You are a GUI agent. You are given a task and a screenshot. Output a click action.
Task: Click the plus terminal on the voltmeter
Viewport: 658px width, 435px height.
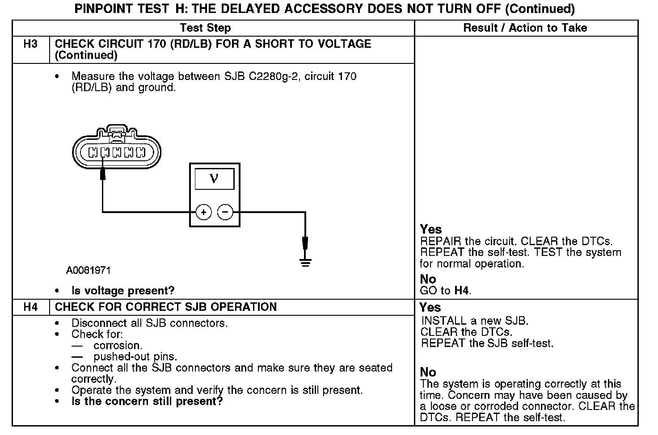click(203, 212)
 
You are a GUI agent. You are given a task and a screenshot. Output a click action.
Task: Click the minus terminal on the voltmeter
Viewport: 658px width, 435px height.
click(225, 212)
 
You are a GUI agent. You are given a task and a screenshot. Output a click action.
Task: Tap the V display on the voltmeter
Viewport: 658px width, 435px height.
click(214, 179)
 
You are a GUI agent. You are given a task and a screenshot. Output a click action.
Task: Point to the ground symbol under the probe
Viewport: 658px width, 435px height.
click(305, 262)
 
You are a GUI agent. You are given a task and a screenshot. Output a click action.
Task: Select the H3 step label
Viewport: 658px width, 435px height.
click(30, 44)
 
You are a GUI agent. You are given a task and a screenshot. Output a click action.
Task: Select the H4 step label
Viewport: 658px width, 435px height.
click(30, 307)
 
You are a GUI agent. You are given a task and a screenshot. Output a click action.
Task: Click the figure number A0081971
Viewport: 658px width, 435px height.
click(89, 271)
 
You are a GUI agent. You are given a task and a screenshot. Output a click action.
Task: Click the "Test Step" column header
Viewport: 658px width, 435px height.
click(205, 28)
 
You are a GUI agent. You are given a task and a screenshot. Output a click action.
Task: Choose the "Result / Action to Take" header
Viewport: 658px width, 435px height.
click(525, 28)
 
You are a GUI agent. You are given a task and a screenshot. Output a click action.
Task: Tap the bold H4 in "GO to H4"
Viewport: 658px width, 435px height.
click(462, 291)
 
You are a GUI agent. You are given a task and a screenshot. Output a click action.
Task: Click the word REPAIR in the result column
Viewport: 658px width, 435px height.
click(440, 242)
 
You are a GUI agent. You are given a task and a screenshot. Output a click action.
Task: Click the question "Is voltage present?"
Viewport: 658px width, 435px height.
click(123, 291)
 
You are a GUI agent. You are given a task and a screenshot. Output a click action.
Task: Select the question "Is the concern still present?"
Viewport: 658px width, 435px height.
click(147, 401)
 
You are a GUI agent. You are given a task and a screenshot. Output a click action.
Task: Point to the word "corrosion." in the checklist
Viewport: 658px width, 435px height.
click(118, 346)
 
